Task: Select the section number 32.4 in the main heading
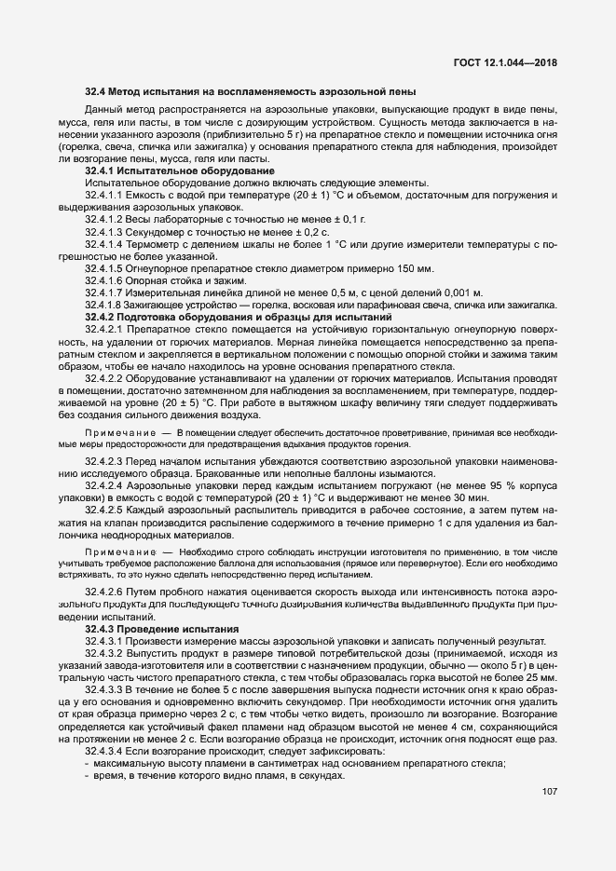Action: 96,91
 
